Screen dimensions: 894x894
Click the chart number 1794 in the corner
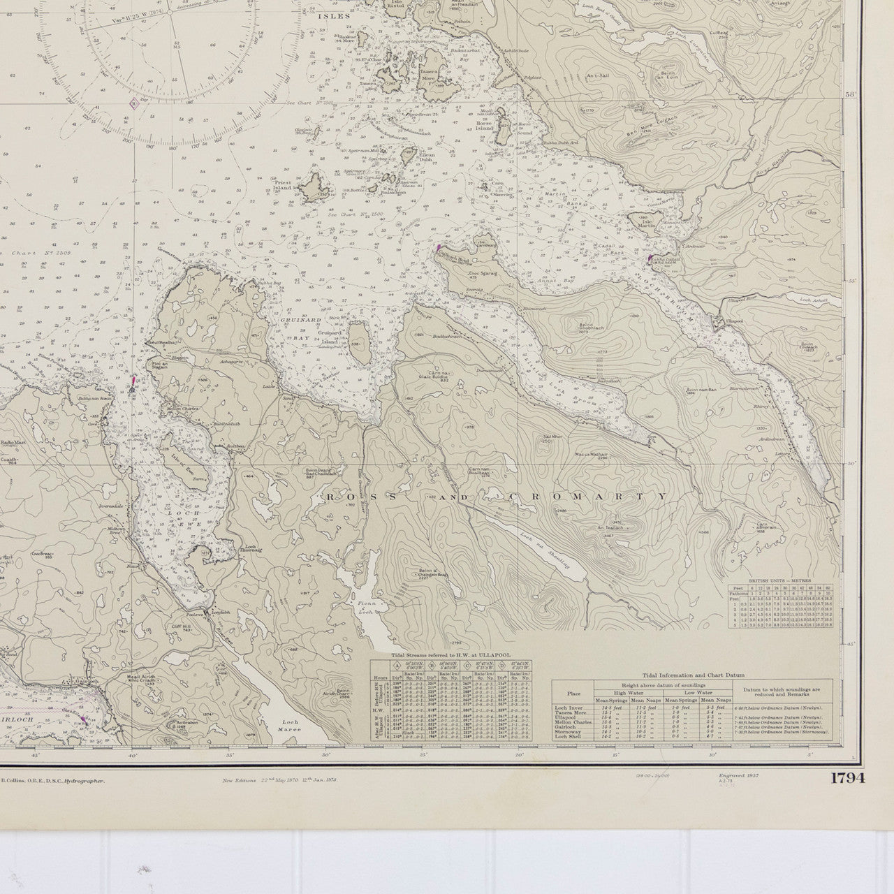point(847,778)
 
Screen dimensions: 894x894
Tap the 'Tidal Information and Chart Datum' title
point(691,675)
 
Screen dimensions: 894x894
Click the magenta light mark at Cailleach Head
point(439,247)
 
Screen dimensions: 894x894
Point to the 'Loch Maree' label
point(288,726)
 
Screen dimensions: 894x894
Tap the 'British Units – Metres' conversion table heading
point(780,581)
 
